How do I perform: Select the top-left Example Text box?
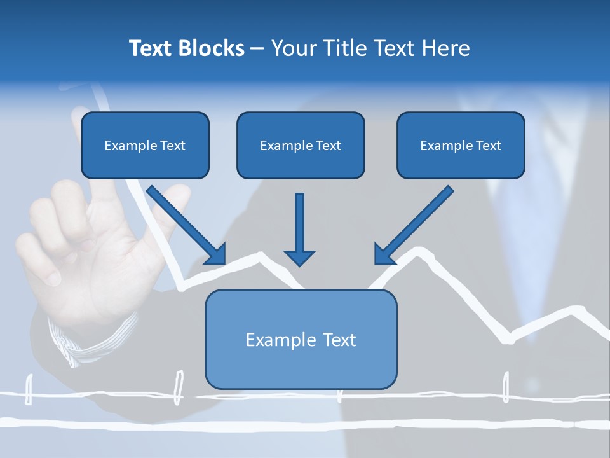[x=145, y=145]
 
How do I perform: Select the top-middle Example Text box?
[x=301, y=145]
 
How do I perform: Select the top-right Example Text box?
[x=461, y=145]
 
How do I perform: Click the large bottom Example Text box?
[x=301, y=339]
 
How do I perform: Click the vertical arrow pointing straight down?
[x=299, y=226]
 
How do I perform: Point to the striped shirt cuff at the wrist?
[x=89, y=340]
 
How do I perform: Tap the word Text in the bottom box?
[x=340, y=340]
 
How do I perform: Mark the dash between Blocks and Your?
[x=257, y=49]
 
